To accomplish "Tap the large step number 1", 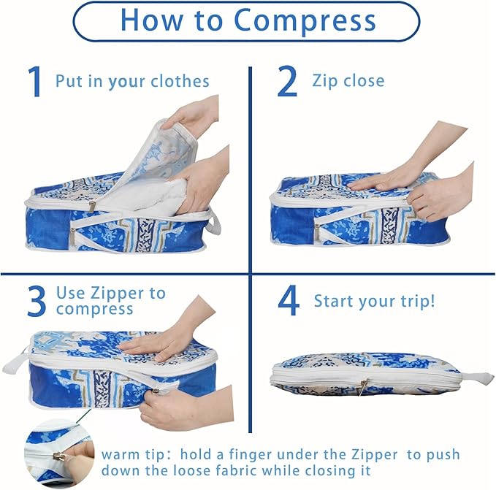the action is coord(35,82).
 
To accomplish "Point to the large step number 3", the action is coord(37,301).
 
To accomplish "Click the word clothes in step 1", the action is coord(180,81).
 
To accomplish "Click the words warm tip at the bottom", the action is coord(133,455).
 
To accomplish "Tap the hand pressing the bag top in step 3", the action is coord(164,335).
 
